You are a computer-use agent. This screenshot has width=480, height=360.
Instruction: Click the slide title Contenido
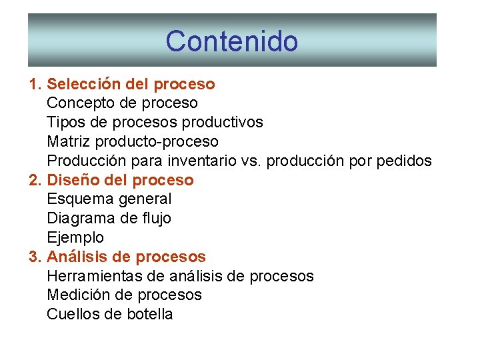click(231, 41)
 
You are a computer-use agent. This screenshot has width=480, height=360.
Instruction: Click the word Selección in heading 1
click(84, 85)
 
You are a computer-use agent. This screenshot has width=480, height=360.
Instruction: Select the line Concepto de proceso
click(122, 103)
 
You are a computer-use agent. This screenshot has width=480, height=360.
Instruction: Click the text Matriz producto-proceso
click(132, 142)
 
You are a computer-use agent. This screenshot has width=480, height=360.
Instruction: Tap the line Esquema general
click(109, 199)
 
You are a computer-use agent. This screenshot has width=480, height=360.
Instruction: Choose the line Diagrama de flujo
click(109, 219)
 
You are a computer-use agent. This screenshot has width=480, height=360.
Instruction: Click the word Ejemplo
click(75, 238)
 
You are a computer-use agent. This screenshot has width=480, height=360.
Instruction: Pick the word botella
click(149, 315)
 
